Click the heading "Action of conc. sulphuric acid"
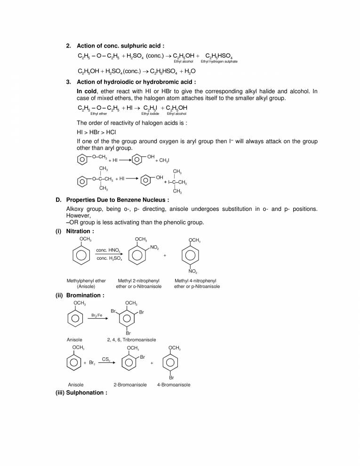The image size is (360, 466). [120, 46]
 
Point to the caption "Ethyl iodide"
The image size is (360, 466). [151, 113]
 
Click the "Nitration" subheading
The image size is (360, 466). [80, 231]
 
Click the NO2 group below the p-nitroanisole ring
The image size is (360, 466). [193, 272]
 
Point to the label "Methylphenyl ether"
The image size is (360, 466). [86, 281]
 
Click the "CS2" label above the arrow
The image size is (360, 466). [106, 359]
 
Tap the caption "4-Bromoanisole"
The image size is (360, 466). [174, 385]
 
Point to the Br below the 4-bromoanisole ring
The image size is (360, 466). [171, 378]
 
